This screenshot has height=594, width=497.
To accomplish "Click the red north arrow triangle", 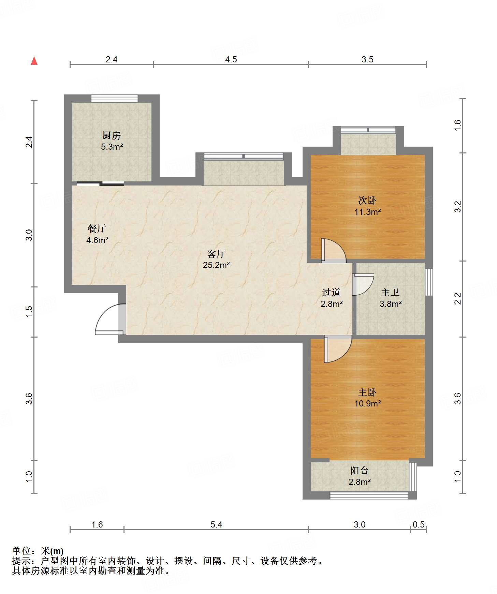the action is pyautogui.click(x=34, y=61).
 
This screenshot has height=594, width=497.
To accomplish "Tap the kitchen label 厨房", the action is pyautogui.click(x=112, y=135).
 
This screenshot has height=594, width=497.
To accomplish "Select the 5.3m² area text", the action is pyautogui.click(x=112, y=147).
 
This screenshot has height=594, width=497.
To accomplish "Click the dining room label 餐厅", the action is pyautogui.click(x=97, y=228).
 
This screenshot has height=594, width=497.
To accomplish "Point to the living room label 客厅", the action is pyautogui.click(x=216, y=254).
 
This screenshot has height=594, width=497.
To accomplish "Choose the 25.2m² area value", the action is pyautogui.click(x=216, y=265).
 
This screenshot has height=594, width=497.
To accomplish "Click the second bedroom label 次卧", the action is pyautogui.click(x=367, y=200).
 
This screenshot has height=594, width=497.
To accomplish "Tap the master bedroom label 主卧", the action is pyautogui.click(x=367, y=392).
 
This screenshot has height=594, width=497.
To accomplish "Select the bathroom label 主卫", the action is pyautogui.click(x=390, y=292).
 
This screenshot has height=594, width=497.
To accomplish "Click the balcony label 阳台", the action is pyautogui.click(x=360, y=471).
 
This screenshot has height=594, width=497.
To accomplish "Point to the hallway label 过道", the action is pyautogui.click(x=331, y=292).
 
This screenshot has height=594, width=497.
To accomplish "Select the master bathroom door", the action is pyautogui.click(x=363, y=284).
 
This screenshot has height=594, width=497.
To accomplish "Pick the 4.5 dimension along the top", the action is pyautogui.click(x=231, y=59).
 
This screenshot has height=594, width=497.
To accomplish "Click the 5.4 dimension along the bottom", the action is pyautogui.click(x=216, y=524).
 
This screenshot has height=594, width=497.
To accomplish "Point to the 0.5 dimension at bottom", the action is pyautogui.click(x=419, y=524).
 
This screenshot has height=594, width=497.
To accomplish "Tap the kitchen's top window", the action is pyautogui.click(x=115, y=99).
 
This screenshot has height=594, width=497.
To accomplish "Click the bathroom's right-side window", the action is pyautogui.click(x=429, y=282).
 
